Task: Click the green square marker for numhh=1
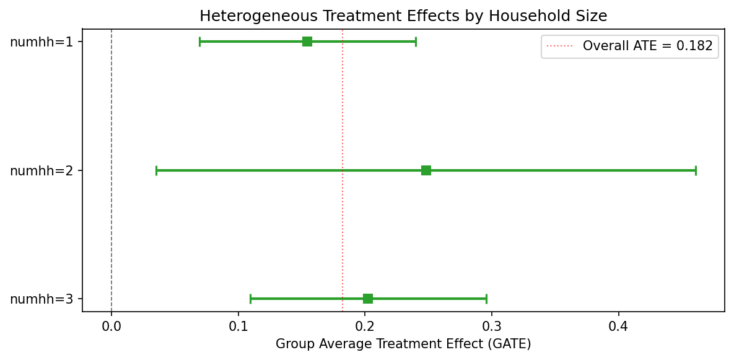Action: click(x=307, y=42)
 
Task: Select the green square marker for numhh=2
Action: click(x=426, y=170)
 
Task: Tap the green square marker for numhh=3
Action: click(x=368, y=299)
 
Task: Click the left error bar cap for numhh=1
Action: click(x=200, y=42)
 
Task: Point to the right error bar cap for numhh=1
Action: click(x=416, y=42)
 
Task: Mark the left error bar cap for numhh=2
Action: click(x=157, y=170)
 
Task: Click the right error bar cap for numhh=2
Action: click(x=696, y=170)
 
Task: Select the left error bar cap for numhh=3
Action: click(x=250, y=299)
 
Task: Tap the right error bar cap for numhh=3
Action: click(x=486, y=299)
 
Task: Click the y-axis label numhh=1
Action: click(x=42, y=42)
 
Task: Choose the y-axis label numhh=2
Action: click(x=42, y=171)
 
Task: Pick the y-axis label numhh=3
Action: click(x=42, y=299)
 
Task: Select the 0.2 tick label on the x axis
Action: click(x=365, y=325)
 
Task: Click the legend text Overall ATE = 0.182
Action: click(x=647, y=46)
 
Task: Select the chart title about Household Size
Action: click(x=403, y=16)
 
